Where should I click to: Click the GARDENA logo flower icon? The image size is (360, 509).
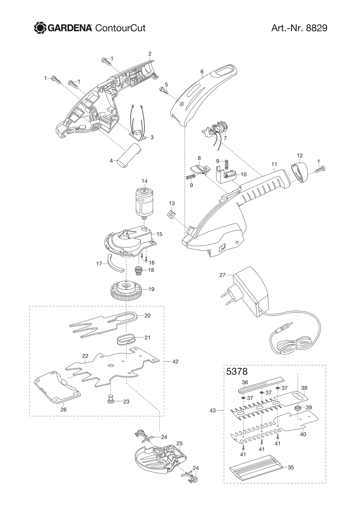point(40,28)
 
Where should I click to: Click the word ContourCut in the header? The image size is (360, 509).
point(120,28)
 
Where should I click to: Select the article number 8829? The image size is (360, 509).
point(316,28)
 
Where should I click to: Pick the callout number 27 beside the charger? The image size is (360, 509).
point(222,275)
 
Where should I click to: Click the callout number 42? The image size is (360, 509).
point(175,361)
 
